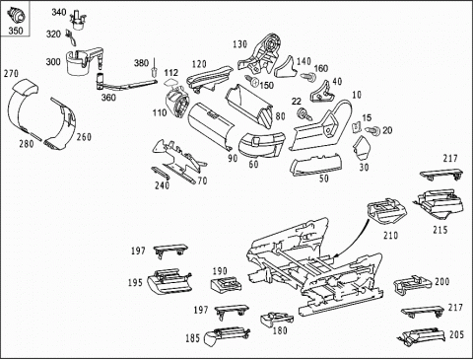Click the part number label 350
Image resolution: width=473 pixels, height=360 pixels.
[x=16, y=31]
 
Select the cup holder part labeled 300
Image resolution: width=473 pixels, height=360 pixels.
[x=82, y=61]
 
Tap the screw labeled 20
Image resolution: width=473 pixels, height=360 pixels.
[x=373, y=130]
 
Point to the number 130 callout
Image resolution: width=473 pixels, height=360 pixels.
[x=239, y=44]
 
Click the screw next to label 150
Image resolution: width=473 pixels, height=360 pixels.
[x=251, y=80]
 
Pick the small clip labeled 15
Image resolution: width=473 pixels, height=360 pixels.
[x=357, y=127]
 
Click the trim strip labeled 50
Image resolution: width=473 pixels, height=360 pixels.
[x=315, y=164]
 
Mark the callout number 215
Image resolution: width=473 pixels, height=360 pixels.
[x=439, y=230]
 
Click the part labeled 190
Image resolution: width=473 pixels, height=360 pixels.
[x=226, y=284]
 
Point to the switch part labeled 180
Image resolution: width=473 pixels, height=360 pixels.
[x=276, y=319]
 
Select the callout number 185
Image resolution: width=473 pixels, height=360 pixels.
[x=192, y=338]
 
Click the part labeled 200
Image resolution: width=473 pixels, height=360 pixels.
[x=412, y=284]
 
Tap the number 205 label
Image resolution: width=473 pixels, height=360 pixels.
[x=456, y=335]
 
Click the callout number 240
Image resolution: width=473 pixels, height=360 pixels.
[x=162, y=185]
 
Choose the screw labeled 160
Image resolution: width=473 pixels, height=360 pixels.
[x=308, y=77]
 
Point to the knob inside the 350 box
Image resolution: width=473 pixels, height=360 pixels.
[x=16, y=15]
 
